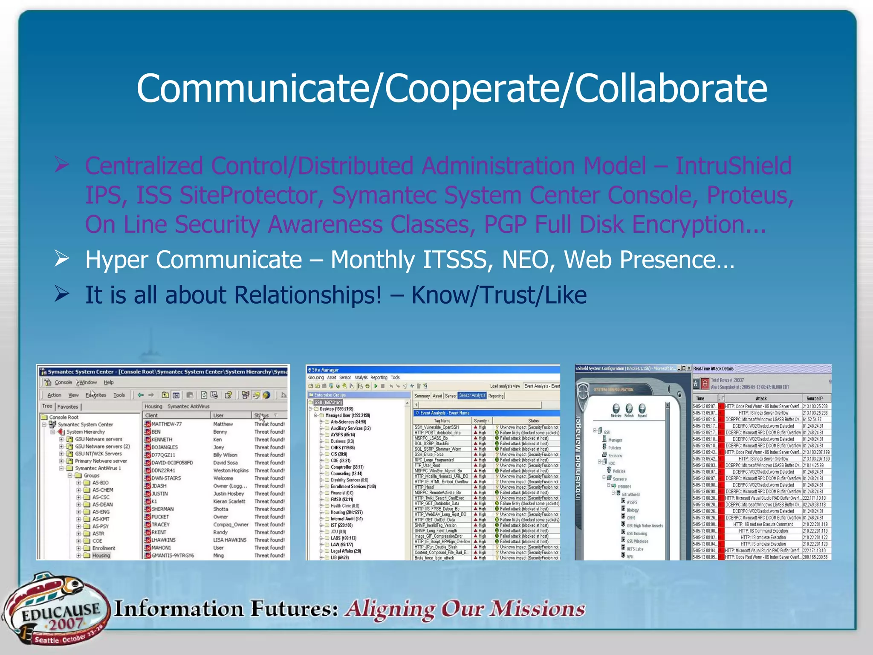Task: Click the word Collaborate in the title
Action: pyautogui.click(x=671, y=88)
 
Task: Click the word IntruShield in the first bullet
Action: pyautogui.click(x=733, y=166)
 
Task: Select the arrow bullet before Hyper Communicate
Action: pyautogui.click(x=62, y=258)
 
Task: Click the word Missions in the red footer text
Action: pyautogui.click(x=537, y=609)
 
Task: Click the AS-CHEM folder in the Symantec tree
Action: pyautogui.click(x=102, y=490)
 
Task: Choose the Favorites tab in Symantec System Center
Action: pyautogui.click(x=68, y=407)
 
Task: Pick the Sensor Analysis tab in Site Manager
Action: pyautogui.click(x=472, y=396)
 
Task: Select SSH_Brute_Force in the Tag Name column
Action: pyautogui.click(x=429, y=455)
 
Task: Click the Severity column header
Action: pyautogui.click(x=481, y=420)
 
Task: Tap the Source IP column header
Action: pyautogui.click(x=814, y=398)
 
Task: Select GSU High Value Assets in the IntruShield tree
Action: pyautogui.click(x=645, y=526)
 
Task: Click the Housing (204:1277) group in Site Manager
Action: pyautogui.click(x=347, y=512)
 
